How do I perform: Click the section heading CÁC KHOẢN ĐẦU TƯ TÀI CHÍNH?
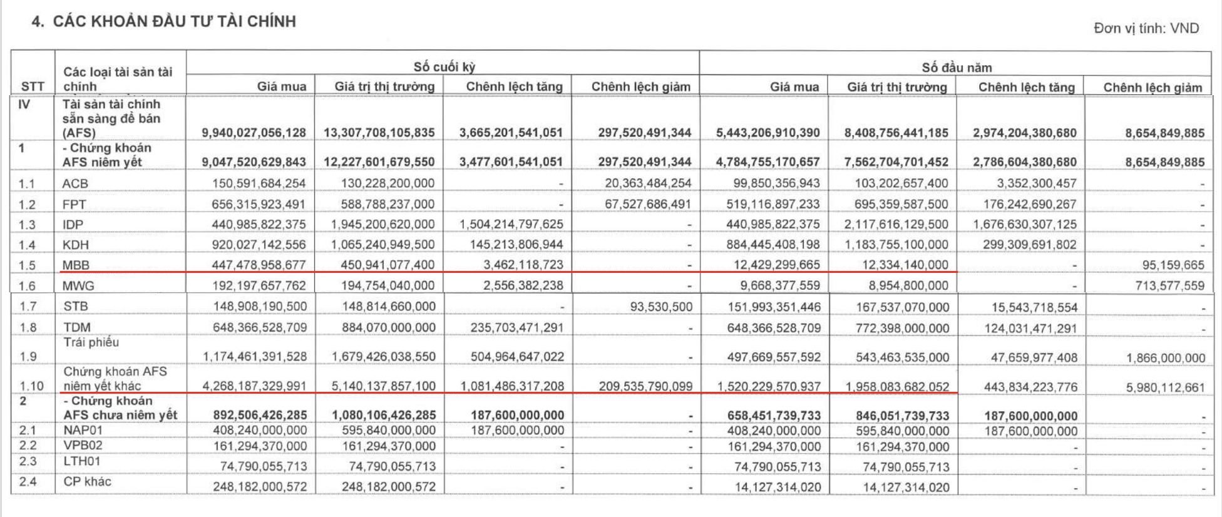tap(173, 21)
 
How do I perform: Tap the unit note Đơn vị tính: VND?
tap(1146, 28)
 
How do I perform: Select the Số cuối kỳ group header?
tap(444, 67)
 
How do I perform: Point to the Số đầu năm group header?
tap(956, 67)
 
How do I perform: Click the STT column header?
tap(33, 86)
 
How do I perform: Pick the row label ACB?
tap(75, 183)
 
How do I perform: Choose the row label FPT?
tap(74, 204)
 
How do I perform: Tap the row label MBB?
tap(76, 265)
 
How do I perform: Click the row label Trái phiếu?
tap(91, 342)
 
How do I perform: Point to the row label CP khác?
tap(87, 481)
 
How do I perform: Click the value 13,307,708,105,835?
tap(379, 133)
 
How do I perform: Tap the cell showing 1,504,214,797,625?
tap(511, 224)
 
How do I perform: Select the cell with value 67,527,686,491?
tap(648, 204)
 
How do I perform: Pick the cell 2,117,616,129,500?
tap(896, 224)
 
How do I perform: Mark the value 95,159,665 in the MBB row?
tap(1173, 265)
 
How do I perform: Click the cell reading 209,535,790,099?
tap(645, 386)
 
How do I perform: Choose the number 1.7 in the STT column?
tap(28, 306)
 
